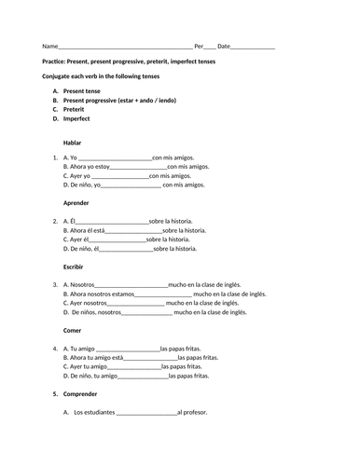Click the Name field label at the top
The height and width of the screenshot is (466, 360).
pos(49,46)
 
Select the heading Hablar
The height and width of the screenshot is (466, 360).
pos(72,143)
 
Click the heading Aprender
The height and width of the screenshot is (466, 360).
pos(76,204)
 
